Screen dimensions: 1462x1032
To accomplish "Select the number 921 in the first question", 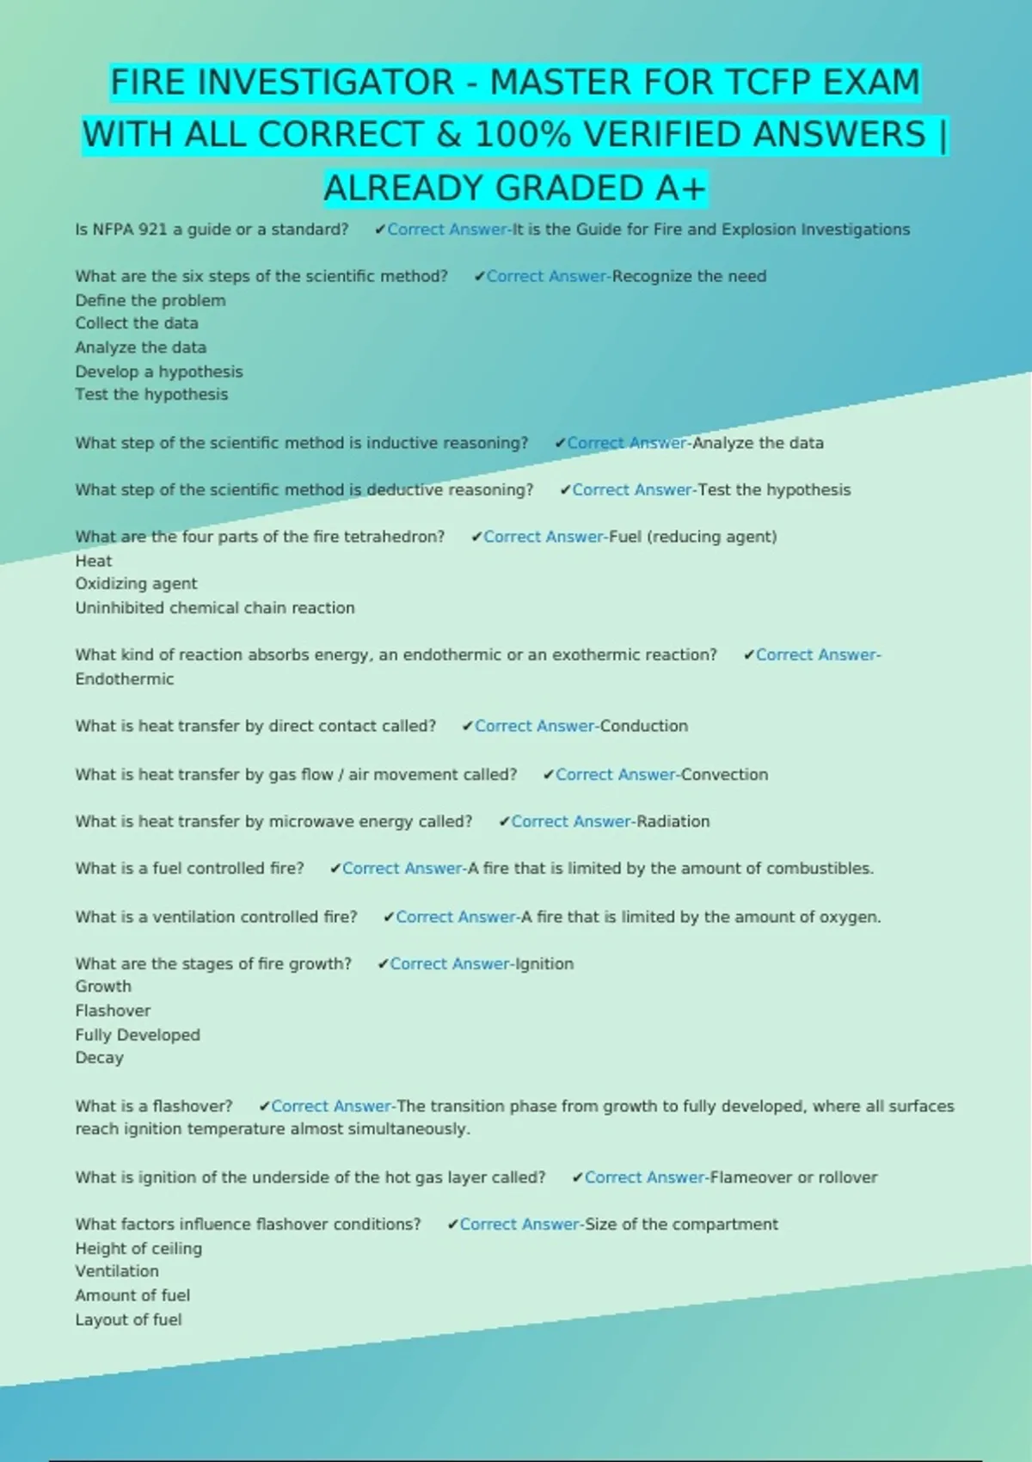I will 153,230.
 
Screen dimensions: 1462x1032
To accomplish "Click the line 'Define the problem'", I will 150,300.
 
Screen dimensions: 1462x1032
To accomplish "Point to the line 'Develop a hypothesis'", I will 159,372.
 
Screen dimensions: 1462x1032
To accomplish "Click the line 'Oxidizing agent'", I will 136,583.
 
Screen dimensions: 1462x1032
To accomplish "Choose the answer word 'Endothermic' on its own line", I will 125,679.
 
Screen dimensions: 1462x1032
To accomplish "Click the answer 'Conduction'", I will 644,726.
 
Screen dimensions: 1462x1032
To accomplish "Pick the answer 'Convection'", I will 724,774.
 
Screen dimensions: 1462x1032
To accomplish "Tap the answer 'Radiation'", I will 673,821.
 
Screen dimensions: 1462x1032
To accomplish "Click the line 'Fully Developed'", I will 138,1035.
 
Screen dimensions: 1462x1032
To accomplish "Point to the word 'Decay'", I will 100,1058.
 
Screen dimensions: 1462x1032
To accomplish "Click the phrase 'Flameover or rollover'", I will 794,1177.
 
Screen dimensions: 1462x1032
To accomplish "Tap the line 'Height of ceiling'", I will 138,1248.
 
